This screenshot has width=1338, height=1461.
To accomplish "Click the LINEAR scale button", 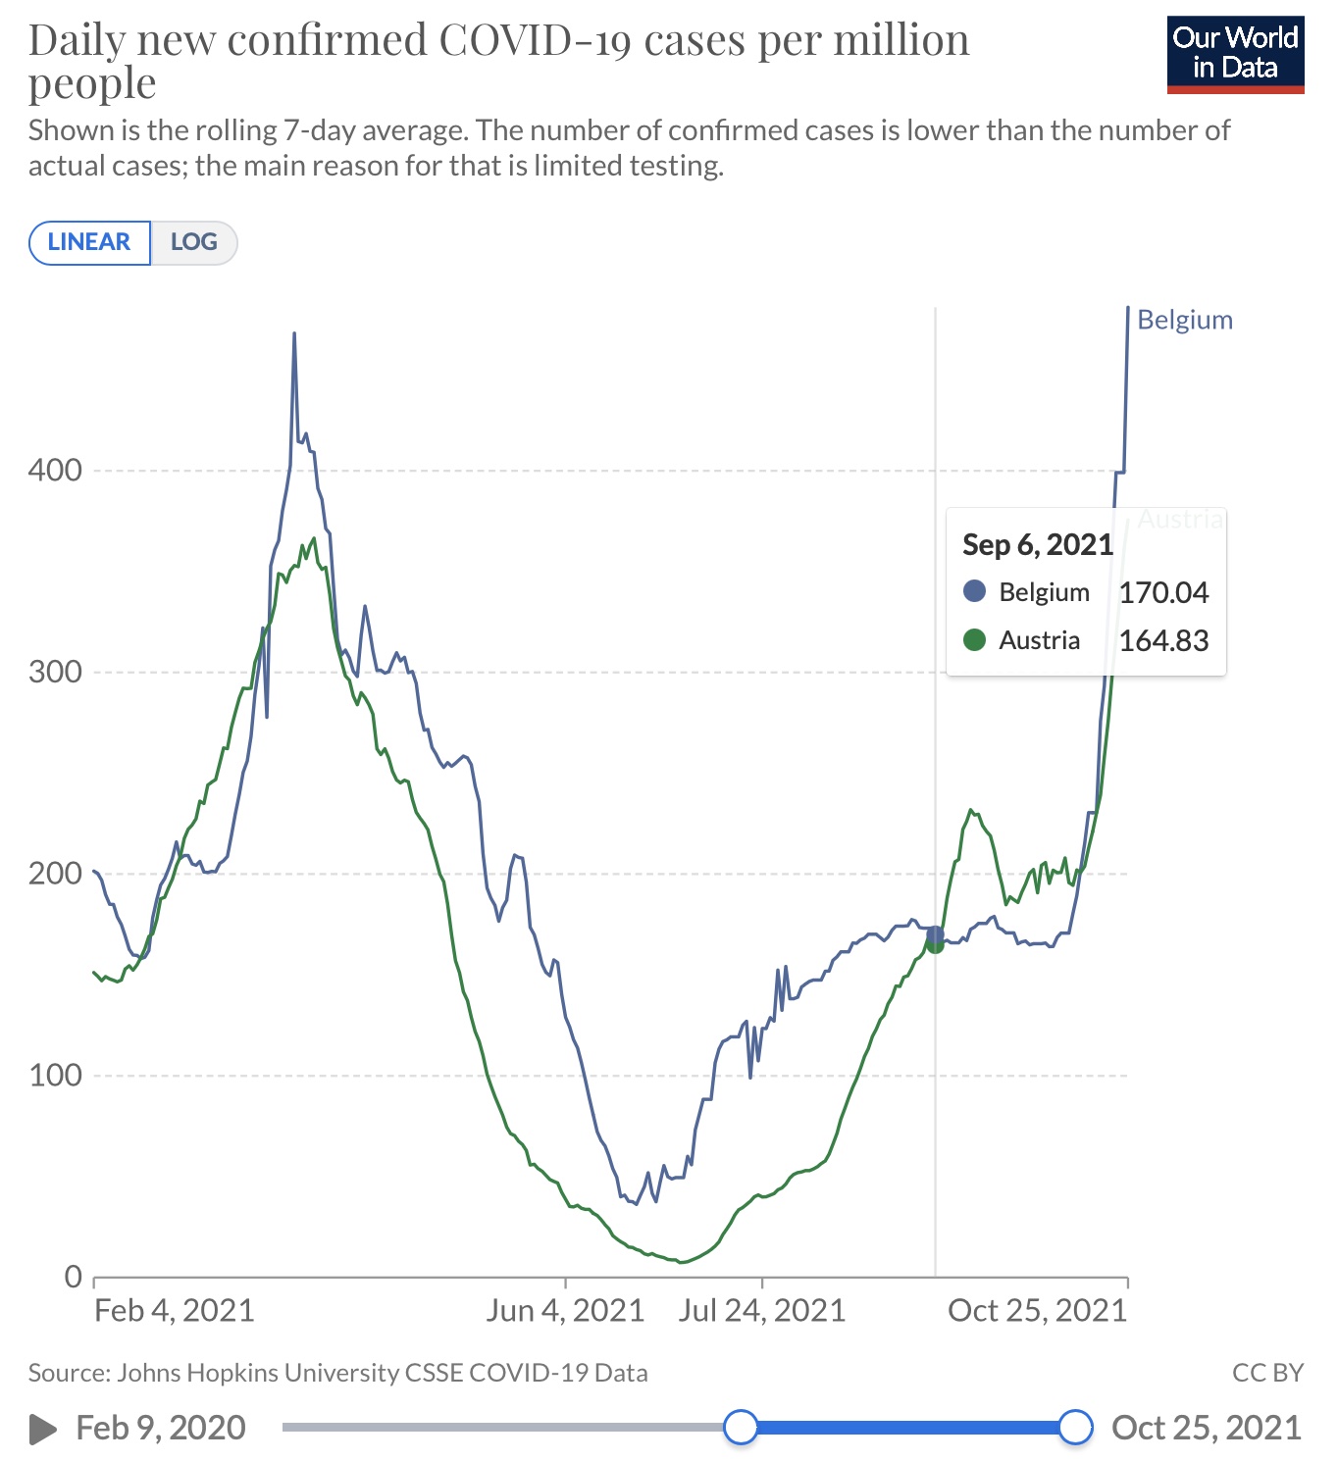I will coord(89,242).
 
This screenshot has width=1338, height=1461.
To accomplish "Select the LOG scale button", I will coord(193,242).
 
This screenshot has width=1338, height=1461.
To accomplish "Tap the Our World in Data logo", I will coord(1235,54).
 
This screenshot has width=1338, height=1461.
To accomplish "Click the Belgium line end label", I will coord(1184,320).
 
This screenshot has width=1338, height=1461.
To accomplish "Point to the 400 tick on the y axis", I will coord(55,470).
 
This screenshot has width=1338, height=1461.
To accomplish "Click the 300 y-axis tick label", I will coord(55,672).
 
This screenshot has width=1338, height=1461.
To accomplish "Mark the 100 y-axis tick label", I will coord(55,1075).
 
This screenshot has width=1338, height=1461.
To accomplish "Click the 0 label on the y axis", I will coord(73,1277).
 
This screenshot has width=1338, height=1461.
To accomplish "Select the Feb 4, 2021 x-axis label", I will coord(174,1310).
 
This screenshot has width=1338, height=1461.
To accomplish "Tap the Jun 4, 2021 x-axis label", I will coord(565,1310).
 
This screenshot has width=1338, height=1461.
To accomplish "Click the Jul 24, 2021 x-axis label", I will coord(762,1310).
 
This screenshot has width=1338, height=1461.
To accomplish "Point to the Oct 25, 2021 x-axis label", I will coord(1037,1310).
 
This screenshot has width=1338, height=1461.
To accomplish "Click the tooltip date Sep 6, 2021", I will coord(1037,544).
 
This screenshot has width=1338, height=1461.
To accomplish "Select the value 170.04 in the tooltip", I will coord(1163,592).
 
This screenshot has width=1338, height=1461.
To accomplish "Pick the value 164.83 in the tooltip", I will coord(1163,640).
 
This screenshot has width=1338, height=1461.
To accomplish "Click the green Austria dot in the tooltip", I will coord(974,640).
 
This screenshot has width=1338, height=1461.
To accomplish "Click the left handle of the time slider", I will coord(741,1427).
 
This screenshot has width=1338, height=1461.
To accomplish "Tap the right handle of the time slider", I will coord(1076,1427).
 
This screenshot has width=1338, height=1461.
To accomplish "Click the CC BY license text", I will coord(1267,1372).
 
